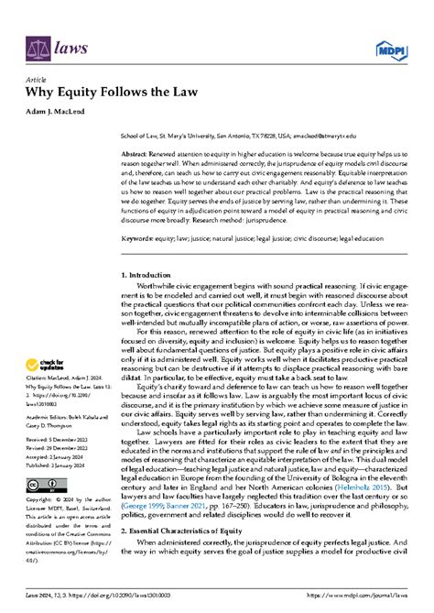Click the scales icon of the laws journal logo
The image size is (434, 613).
click(x=38, y=44)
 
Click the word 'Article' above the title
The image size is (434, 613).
click(x=38, y=80)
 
